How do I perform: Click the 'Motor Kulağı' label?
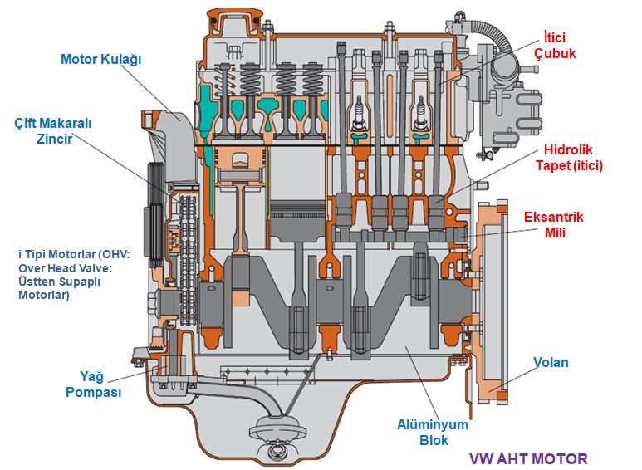click(102, 59)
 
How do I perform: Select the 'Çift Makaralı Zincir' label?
click(53, 130)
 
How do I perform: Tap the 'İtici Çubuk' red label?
click(557, 46)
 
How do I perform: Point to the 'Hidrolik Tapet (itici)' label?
click(572, 158)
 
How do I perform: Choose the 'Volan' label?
click(551, 363)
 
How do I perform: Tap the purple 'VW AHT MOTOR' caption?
click(528, 458)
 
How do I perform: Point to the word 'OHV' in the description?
click(133, 253)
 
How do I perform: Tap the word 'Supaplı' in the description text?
click(90, 281)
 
